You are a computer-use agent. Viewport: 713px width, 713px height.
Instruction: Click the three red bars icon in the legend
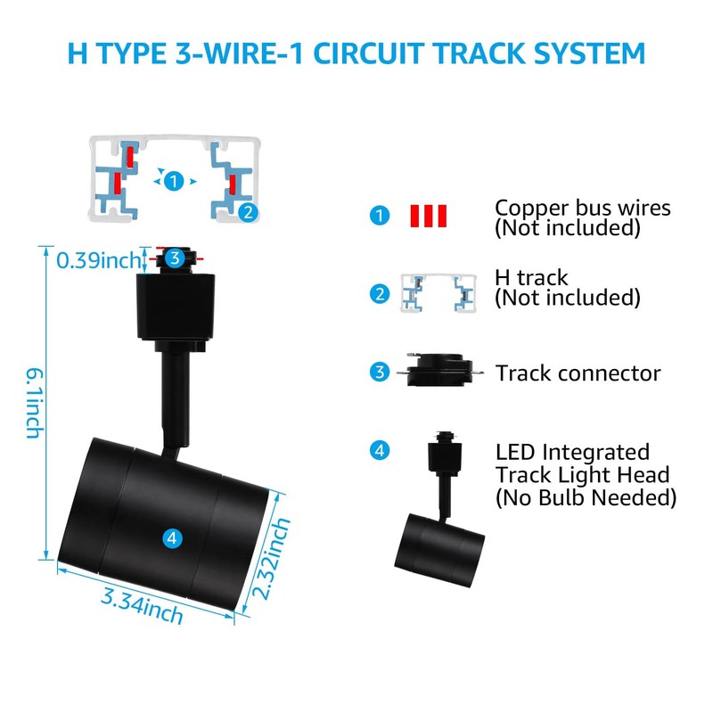point(428,217)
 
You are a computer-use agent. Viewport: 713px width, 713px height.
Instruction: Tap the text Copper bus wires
point(582,208)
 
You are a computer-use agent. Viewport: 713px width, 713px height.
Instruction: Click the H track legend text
point(531,279)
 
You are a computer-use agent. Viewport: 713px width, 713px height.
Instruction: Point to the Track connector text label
point(578,373)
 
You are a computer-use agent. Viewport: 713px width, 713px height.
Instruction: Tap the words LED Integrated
point(572,453)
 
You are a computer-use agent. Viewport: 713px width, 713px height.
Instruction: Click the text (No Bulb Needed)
point(586,497)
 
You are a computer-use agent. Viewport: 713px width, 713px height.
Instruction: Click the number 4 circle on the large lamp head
point(174,537)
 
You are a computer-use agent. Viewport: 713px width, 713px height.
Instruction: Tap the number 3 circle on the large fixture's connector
point(176,259)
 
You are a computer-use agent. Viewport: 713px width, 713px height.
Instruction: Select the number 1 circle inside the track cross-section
point(175,181)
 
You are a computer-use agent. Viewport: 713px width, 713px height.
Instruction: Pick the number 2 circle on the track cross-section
point(249,211)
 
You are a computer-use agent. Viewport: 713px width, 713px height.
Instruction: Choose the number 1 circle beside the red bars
point(381,216)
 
